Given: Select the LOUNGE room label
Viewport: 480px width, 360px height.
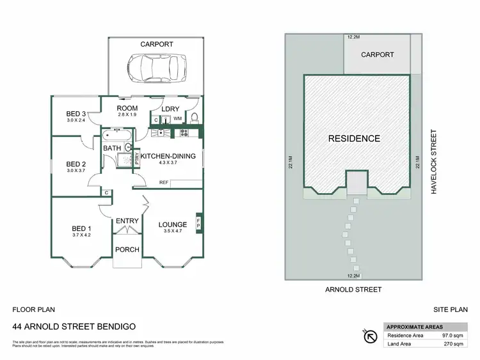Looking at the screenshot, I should [x=173, y=224].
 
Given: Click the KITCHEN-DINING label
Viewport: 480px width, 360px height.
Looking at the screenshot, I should [x=168, y=156].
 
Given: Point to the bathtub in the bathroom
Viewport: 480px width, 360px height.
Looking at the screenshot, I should [x=117, y=135].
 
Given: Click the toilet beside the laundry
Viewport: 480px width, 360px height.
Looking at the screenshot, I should [x=196, y=116].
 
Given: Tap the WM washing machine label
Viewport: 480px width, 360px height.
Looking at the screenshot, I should [x=177, y=118].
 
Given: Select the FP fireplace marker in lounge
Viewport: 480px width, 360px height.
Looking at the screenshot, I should [x=198, y=224].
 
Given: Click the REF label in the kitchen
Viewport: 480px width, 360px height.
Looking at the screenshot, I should [x=164, y=183].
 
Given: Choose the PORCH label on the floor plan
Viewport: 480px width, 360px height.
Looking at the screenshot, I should [x=127, y=249].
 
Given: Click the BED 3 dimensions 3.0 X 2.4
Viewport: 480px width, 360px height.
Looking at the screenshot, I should [x=76, y=120].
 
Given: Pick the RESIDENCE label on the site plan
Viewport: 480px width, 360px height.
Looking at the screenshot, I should [x=354, y=138].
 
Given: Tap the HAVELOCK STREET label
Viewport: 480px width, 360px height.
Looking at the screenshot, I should [x=433, y=162].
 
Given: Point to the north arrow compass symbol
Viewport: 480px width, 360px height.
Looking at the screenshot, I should [x=370, y=334].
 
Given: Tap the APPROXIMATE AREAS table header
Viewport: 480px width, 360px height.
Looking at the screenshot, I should [x=412, y=326].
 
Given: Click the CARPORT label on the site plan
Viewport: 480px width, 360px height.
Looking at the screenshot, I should [x=377, y=55].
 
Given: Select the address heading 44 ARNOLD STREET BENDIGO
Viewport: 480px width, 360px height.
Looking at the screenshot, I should [x=74, y=326].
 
